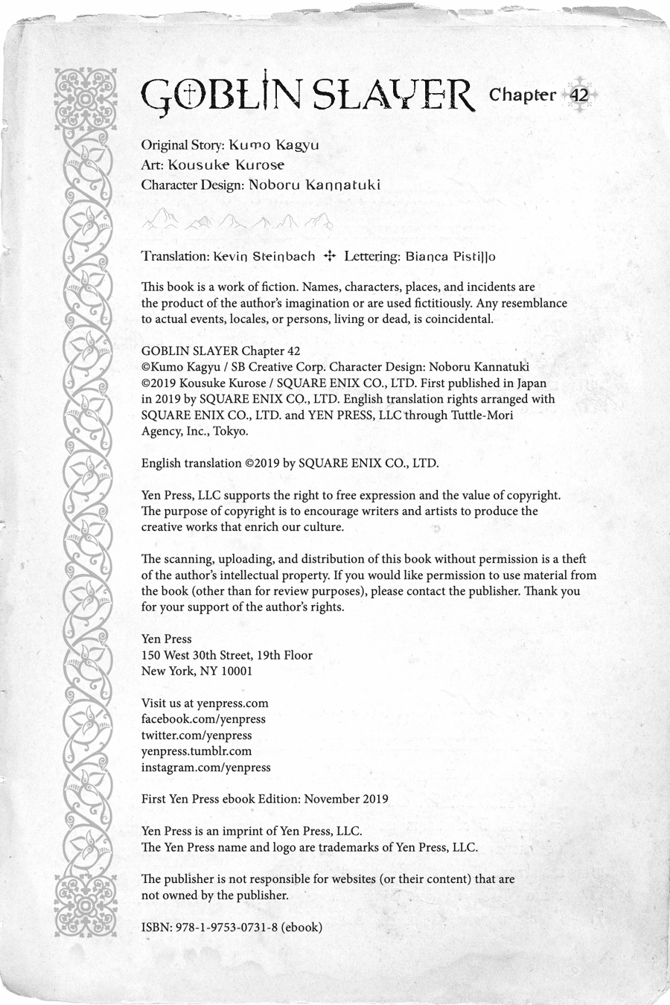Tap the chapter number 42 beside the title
[x=578, y=95]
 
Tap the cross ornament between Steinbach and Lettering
[x=330, y=256]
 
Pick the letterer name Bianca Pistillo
[x=451, y=256]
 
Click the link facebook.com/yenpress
[x=203, y=719]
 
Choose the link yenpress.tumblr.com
[x=197, y=751]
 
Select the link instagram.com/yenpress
[x=206, y=767]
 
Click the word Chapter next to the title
[x=522, y=95]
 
